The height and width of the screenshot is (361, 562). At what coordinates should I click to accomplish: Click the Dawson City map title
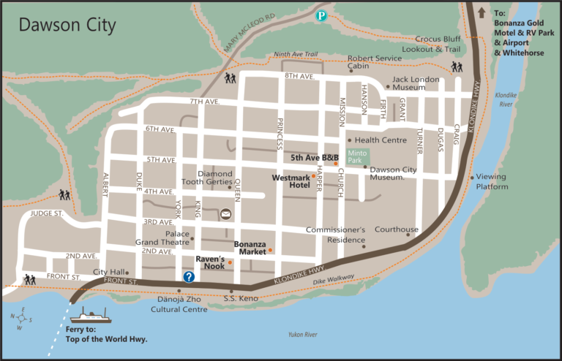click(x=67, y=26)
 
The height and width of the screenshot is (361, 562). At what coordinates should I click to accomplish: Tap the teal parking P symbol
click(x=321, y=15)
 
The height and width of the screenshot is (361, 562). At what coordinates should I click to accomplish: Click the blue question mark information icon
click(x=189, y=276)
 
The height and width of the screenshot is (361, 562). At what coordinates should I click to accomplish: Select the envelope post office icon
click(x=225, y=214)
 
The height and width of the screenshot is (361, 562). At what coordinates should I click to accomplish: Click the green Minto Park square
click(x=354, y=156)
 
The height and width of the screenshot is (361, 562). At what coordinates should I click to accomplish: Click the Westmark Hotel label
click(x=291, y=181)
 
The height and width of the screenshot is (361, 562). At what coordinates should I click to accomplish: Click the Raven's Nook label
click(x=210, y=262)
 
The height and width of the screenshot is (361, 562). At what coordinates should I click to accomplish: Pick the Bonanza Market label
click(x=250, y=248)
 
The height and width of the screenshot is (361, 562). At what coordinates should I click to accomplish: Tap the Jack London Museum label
click(x=419, y=83)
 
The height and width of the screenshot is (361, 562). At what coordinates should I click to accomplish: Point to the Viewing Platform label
click(x=492, y=181)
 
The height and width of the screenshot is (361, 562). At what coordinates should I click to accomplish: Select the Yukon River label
click(x=302, y=334)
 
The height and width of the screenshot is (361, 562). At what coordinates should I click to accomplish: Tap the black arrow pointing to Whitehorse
click(x=481, y=12)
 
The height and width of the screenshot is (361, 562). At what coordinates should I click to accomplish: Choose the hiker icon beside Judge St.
click(x=64, y=195)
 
